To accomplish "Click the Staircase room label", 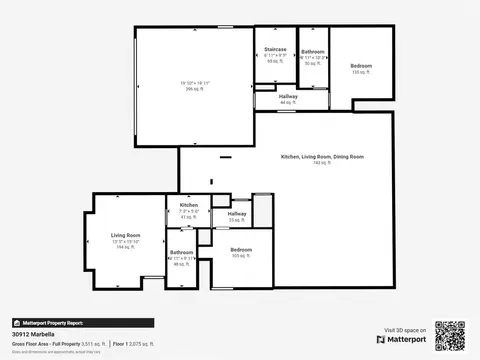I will (275, 49).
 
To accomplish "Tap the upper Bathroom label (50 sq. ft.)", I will (313, 51).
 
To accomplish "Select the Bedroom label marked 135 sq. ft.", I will (361, 66).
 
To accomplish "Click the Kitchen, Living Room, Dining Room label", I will (322, 157).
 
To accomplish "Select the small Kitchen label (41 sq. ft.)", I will (189, 205).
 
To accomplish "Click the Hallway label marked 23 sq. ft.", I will (237, 213).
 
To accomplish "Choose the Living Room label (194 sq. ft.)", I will (126, 235).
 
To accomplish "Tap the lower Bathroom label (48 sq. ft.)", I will (181, 252).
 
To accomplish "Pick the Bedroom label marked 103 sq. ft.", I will (241, 249).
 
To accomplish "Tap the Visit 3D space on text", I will (405, 329).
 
